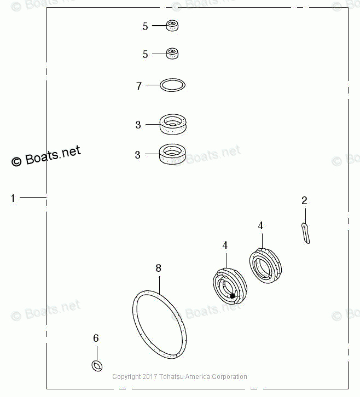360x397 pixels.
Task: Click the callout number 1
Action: click(x=13, y=198)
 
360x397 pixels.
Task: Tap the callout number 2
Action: click(x=305, y=201)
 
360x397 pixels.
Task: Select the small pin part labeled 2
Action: click(x=305, y=232)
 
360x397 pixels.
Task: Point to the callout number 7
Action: click(x=139, y=86)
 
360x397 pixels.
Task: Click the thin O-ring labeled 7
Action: click(x=172, y=85)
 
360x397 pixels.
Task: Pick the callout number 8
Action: click(x=158, y=268)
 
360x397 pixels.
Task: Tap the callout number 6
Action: click(x=96, y=338)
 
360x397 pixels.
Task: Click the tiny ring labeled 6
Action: click(x=97, y=365)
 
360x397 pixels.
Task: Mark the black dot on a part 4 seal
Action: click(x=233, y=296)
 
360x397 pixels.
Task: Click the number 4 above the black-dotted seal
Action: click(x=225, y=246)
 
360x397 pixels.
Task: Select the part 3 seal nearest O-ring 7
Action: click(x=173, y=124)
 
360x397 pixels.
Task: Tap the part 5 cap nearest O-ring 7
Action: click(x=173, y=54)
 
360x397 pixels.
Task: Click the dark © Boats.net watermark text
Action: click(x=46, y=156)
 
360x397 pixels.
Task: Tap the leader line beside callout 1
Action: click(x=34, y=197)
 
